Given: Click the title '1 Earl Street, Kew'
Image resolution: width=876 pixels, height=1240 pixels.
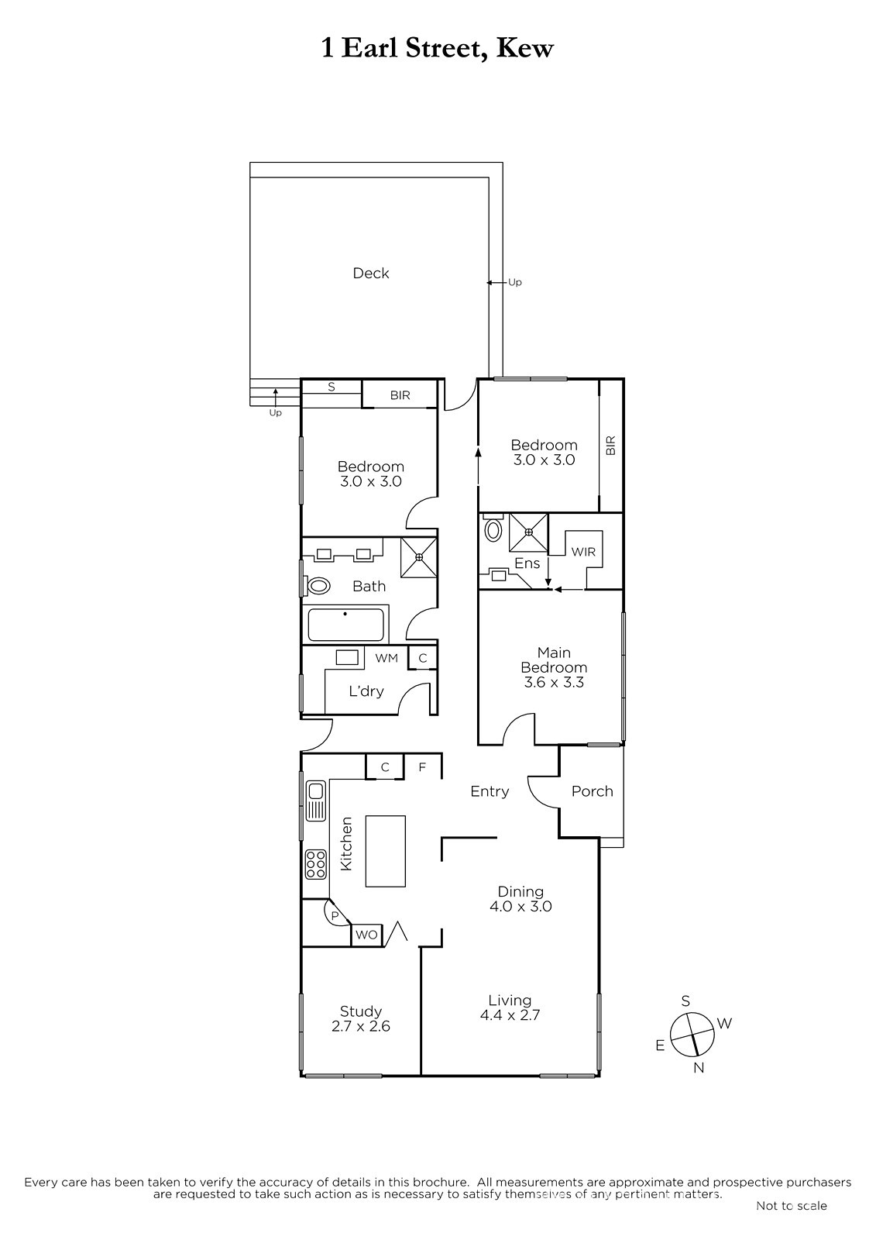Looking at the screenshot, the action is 437,48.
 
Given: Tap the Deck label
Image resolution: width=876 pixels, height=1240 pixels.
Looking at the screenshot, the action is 371,273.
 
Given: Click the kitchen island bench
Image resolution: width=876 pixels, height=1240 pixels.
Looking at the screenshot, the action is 385,852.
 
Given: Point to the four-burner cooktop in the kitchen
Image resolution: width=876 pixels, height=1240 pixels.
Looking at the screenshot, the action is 315,865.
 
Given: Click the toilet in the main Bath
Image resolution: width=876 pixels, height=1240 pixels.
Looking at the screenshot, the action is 317,586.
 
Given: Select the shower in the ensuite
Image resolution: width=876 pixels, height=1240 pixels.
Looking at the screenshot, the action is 528,532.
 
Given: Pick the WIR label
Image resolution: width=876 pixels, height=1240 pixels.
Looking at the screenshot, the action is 583,552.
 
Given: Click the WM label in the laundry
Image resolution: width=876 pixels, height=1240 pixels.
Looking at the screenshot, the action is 386,658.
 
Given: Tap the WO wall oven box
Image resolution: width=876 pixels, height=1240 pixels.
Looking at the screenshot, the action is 366,935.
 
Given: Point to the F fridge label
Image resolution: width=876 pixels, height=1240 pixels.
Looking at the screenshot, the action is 422,767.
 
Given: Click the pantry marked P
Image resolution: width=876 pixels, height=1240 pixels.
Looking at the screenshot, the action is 335,916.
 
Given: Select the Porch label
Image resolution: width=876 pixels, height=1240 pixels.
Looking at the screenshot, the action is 592,791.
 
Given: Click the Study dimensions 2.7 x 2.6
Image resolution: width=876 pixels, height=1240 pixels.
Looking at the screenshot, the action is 361,1026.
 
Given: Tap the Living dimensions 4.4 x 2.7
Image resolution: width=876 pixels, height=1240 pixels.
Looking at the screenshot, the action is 510,1015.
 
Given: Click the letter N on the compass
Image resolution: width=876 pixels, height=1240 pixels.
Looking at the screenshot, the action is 699,1068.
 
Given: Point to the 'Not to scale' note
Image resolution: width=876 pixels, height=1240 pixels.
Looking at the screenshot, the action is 792,1205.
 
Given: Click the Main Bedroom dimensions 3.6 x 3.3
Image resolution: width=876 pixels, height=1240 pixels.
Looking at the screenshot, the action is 554,682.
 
